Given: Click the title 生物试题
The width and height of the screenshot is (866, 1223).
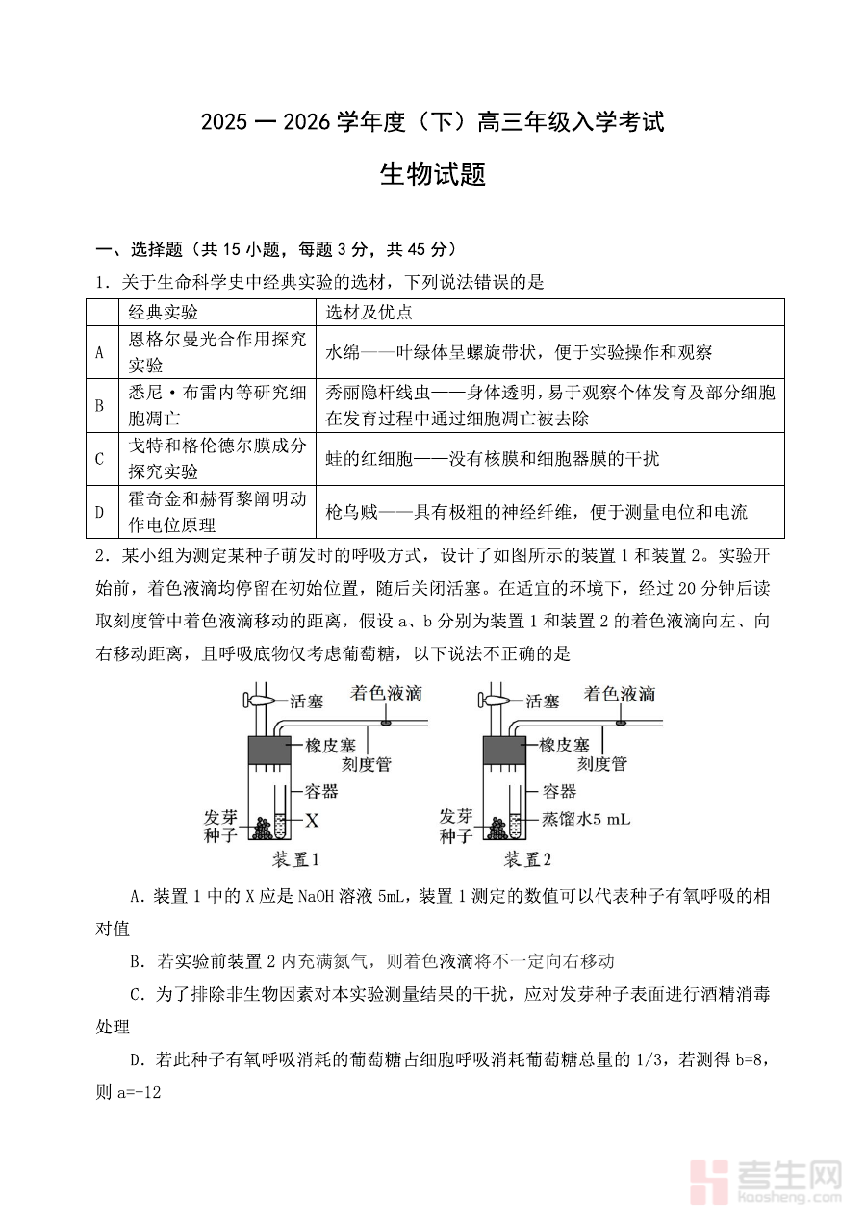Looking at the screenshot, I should tap(432, 175).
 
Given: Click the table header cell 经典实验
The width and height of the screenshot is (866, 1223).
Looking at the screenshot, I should tap(163, 313).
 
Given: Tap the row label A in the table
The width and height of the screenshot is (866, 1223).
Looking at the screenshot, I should tap(100, 352).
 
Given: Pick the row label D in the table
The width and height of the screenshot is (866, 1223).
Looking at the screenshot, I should tap(100, 512).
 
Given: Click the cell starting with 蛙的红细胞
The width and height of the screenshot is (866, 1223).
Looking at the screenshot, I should tap(492, 459).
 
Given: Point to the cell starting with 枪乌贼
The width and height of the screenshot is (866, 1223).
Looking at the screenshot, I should tap(536, 512).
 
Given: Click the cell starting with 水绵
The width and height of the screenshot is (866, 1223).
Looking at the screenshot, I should tap(519, 352).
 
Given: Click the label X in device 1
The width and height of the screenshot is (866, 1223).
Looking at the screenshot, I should tap(311, 820).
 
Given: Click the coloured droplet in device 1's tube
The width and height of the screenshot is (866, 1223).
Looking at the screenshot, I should tap(387, 721).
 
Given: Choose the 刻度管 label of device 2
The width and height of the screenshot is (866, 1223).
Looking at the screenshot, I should tap(601, 764).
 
